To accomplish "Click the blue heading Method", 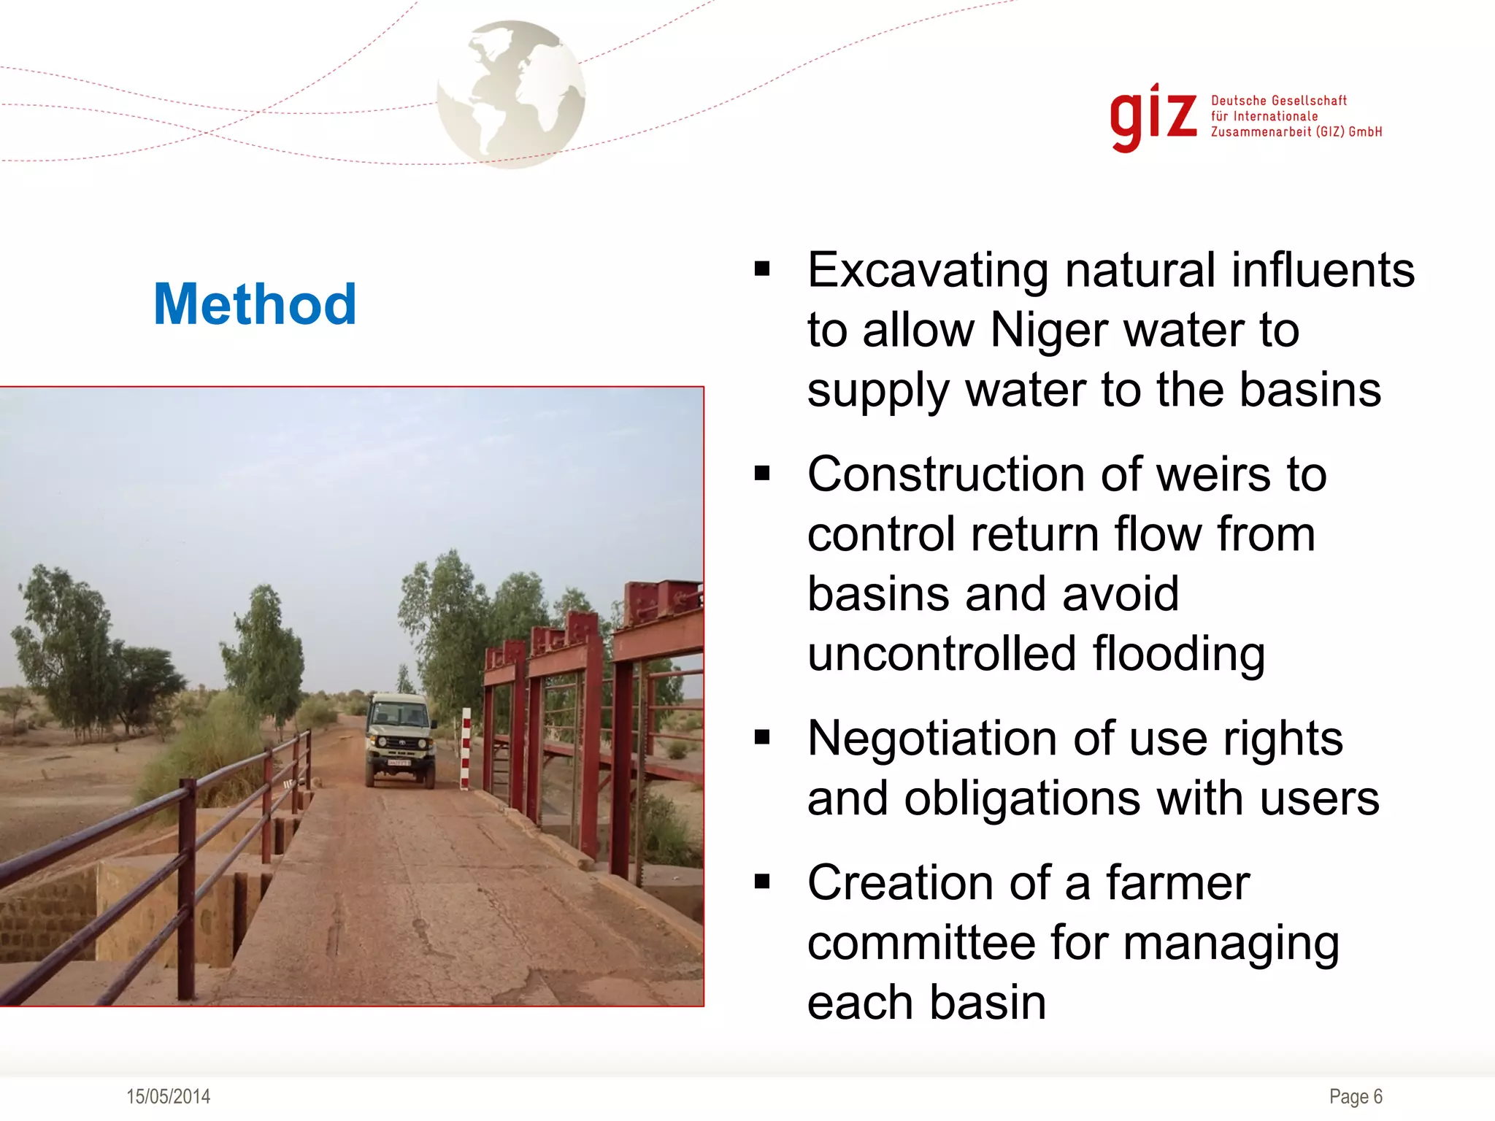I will pyautogui.click(x=255, y=304).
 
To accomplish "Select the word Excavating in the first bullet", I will pyautogui.click(x=928, y=271).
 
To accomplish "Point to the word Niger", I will pyautogui.click(x=1050, y=330).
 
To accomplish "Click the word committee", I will pyautogui.click(x=921, y=942).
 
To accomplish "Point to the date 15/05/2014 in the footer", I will pyautogui.click(x=168, y=1096).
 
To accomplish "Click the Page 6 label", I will pyautogui.click(x=1356, y=1096).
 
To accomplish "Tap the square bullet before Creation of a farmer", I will pyautogui.click(x=762, y=882).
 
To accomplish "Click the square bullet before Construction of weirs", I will pyautogui.click(x=762, y=474).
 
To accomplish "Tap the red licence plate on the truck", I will pyautogui.click(x=399, y=763).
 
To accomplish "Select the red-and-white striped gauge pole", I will pyautogui.click(x=466, y=748).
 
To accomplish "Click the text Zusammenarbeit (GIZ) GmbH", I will pyautogui.click(x=1296, y=132).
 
